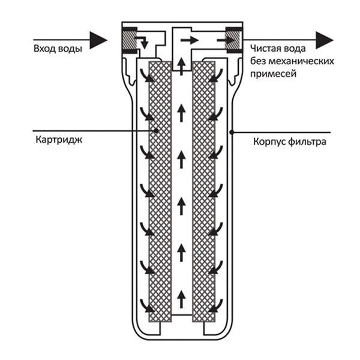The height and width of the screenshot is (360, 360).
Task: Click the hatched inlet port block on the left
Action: [x=130, y=41]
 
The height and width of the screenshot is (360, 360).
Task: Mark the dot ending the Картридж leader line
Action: [x=155, y=130]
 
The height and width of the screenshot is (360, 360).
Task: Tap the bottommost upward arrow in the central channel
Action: [x=181, y=298]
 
